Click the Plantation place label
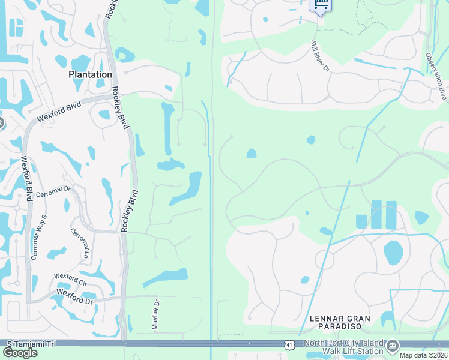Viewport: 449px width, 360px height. [90, 74]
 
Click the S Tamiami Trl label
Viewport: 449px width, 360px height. [31, 344]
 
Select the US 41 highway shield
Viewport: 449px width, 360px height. [290, 344]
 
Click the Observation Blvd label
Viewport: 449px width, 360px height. [436, 76]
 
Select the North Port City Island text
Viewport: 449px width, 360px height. [343, 343]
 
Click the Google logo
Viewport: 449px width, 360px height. [20, 353]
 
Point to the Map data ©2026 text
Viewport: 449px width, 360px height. [423, 355]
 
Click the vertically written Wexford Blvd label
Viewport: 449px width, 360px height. [27, 180]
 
